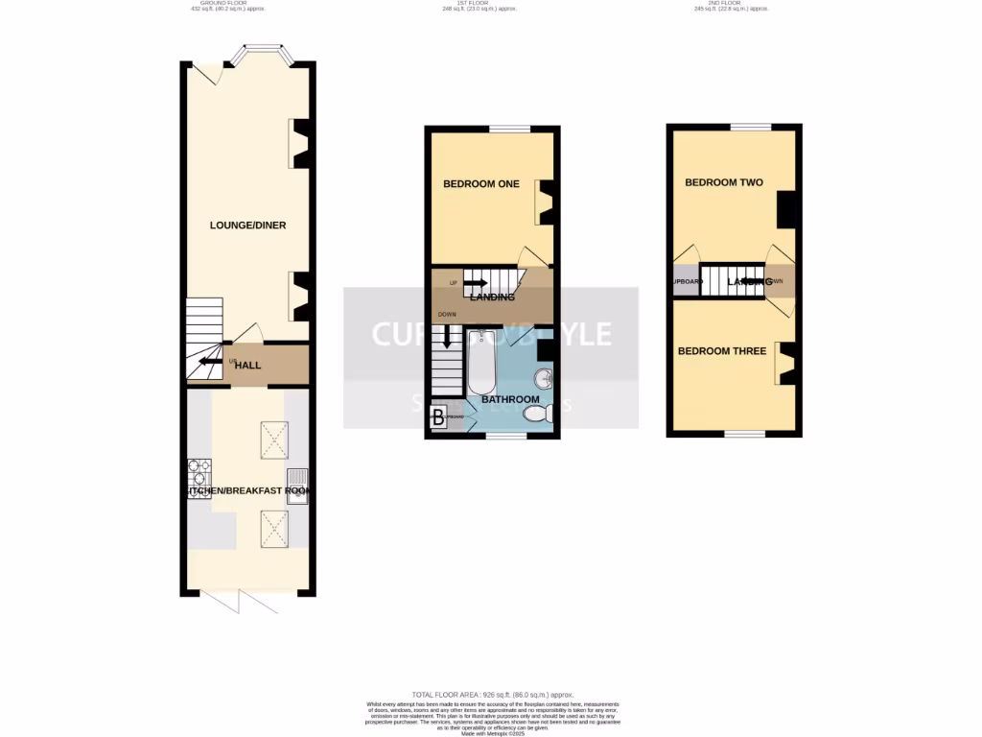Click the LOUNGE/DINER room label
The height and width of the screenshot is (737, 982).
coord(247,226)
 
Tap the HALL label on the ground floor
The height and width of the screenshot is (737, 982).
coord(248,366)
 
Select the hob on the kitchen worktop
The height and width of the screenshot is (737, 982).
coord(199,475)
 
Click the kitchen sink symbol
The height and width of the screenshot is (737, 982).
coord(297,478)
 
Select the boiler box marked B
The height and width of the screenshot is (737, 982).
coord(438,417)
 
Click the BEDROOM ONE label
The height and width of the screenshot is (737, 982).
coord(480,184)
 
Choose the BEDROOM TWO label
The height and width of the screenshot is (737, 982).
coord(723,182)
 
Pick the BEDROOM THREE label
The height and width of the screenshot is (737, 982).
coord(722,351)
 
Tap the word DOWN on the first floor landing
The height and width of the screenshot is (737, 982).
coord(447,315)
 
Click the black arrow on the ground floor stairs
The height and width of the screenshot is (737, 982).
coord(208,363)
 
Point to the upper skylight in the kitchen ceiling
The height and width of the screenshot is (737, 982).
coord(276,440)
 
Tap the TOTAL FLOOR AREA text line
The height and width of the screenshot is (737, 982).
coord(492,694)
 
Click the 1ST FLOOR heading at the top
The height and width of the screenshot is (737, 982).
coord(474,4)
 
